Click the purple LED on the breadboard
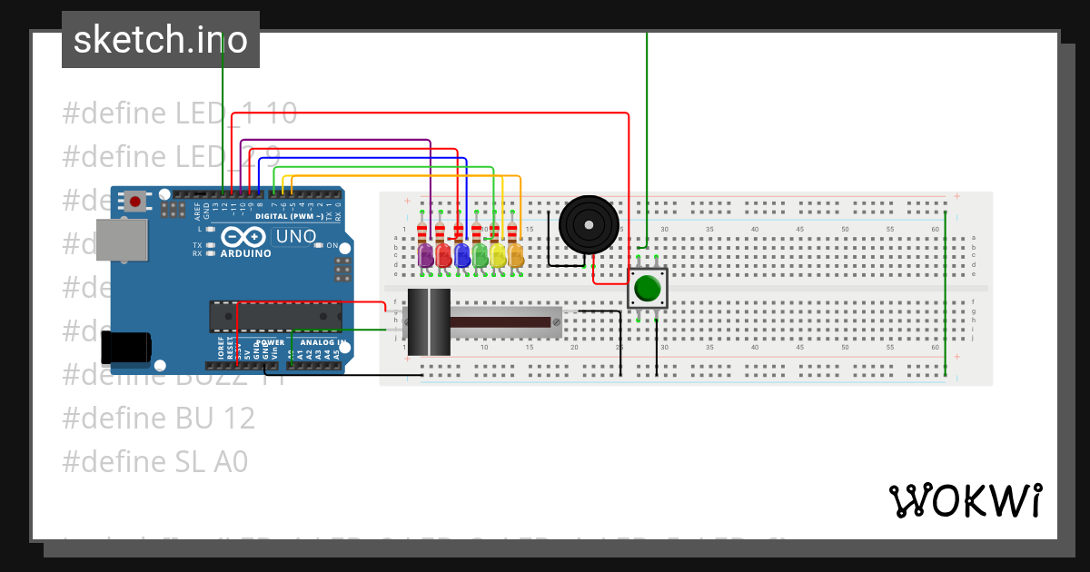point(425,255)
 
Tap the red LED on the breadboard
point(443,255)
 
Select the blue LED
point(461,255)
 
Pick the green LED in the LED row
point(480,255)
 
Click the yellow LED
point(498,255)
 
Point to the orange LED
point(515,255)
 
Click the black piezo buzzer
point(589,224)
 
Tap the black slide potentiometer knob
point(429,322)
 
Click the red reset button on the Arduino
point(136,201)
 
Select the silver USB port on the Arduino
point(122,242)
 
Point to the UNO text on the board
point(296,237)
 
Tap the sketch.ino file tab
point(161,40)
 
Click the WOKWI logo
point(965,500)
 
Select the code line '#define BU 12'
point(158,418)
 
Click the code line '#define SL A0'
point(154,461)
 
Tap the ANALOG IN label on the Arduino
point(322,343)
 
